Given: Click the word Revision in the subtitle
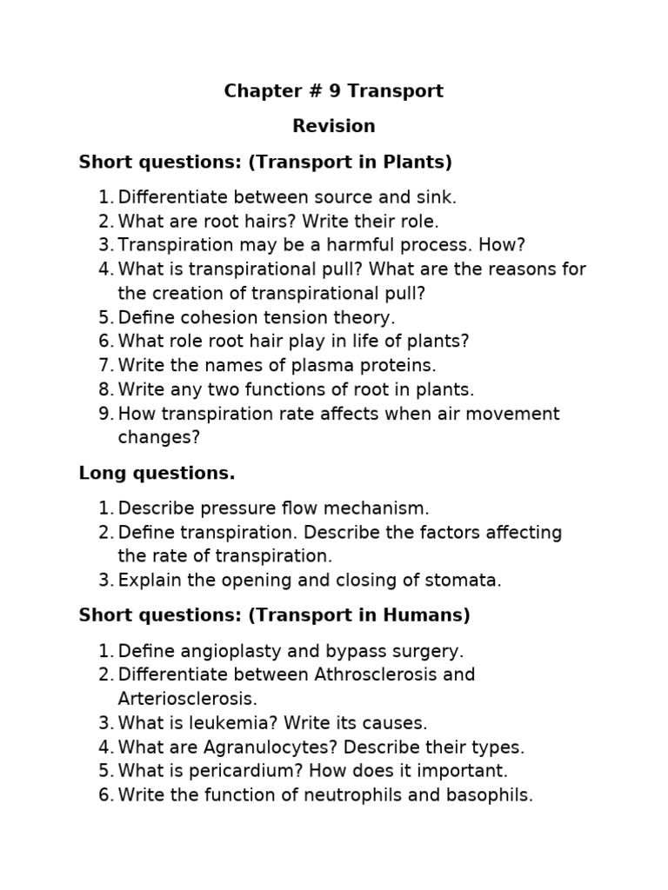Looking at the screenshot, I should coord(334,126).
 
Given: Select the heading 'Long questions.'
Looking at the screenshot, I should coord(157,474).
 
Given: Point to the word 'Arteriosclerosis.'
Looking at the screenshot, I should coord(188,699).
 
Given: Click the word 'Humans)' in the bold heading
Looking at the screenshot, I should coord(430,616).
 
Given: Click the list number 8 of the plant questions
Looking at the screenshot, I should coord(104,390).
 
